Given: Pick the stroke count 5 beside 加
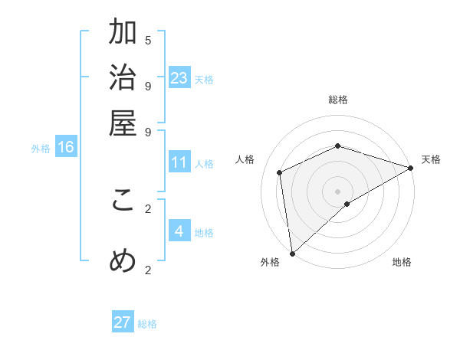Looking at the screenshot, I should coord(148,40).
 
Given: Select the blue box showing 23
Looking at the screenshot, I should coord(179,77).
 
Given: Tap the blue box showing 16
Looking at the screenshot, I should coord(65,147).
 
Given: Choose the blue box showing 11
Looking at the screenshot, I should coord(179,162).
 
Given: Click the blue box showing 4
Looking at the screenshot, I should coord(179,231).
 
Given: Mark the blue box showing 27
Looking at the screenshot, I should coord(123,322).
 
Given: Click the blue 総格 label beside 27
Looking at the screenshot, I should coord(147,324).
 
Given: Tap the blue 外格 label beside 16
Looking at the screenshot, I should coord(41,149).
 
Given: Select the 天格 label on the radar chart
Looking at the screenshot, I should coord(431,159).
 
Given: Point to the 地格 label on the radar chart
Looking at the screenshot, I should coord(402,263).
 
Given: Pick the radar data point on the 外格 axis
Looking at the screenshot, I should coord(292,254).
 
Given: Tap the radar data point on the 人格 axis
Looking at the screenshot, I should coord(280,172).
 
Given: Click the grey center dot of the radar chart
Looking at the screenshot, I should coord(338,191).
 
